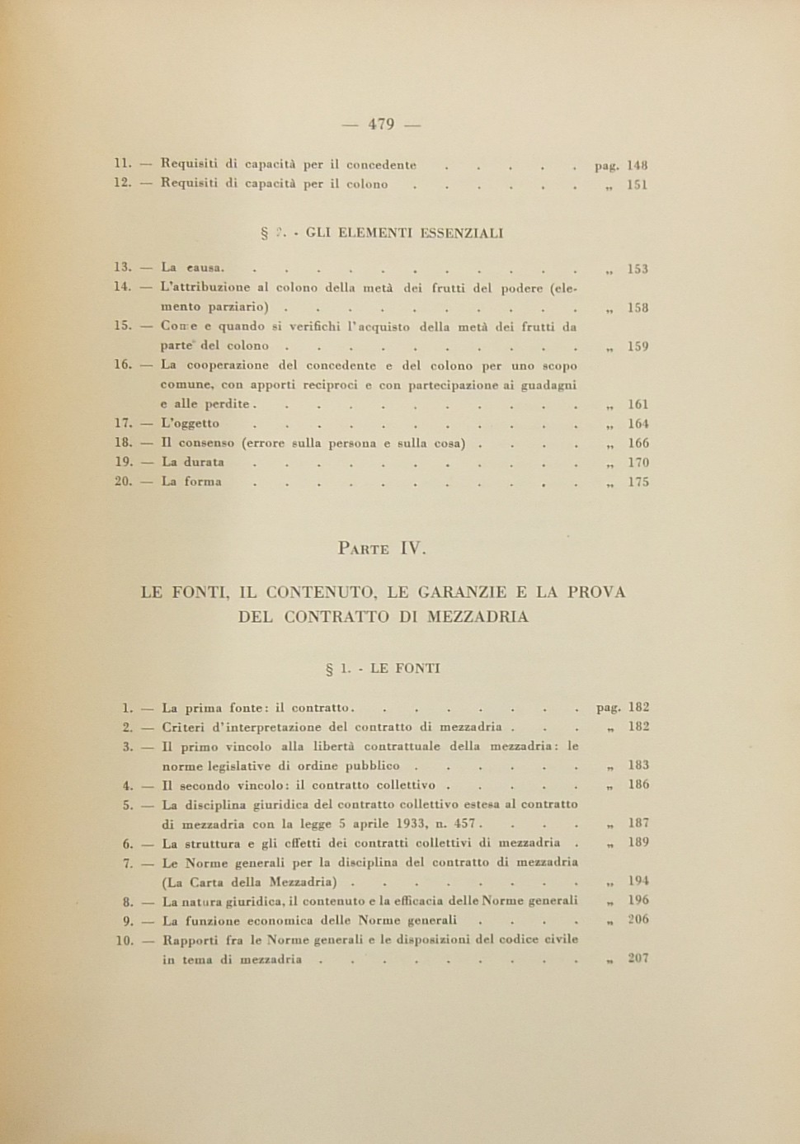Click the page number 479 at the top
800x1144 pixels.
tap(381, 125)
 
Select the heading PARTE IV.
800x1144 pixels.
tap(383, 548)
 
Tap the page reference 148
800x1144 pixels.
tap(638, 166)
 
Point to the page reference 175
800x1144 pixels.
tap(638, 483)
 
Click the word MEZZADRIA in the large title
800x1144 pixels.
tap(478, 617)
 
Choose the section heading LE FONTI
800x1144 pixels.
tap(405, 669)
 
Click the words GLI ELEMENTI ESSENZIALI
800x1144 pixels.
tap(404, 233)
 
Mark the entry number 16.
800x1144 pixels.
tap(123, 365)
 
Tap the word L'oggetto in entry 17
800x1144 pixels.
tap(191, 424)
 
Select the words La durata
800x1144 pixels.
tap(192, 463)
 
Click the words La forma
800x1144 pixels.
tap(191, 483)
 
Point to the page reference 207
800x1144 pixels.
tap(638, 959)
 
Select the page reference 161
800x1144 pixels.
tap(638, 405)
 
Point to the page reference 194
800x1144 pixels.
tap(638, 882)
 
